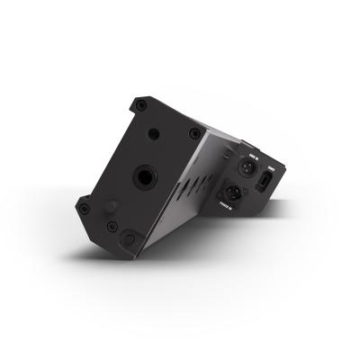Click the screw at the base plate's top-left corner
(138, 103)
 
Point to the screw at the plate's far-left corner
(84, 208)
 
